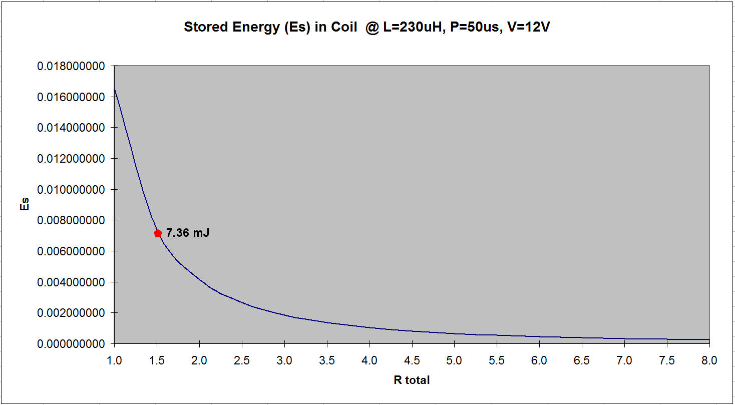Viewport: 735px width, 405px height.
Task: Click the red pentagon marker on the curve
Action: click(158, 233)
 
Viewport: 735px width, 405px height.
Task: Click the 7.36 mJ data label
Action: click(188, 233)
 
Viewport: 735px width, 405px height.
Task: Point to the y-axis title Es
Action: click(24, 204)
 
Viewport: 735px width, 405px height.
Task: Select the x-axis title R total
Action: click(412, 380)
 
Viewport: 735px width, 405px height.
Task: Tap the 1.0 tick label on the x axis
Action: click(115, 360)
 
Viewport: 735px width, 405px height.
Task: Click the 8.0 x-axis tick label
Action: click(709, 360)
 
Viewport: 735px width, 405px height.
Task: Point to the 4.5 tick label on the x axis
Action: click(412, 360)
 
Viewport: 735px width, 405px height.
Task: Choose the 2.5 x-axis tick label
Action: click(242, 360)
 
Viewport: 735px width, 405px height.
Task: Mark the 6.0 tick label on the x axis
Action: click(539, 360)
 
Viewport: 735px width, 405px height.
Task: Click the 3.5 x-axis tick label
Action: click(327, 360)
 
